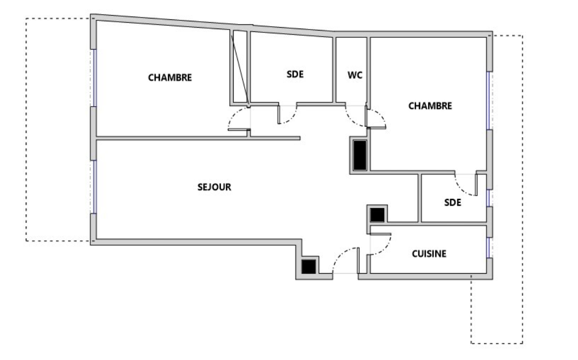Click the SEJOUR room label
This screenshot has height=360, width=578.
click(214, 187)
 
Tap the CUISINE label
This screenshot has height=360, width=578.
click(429, 254)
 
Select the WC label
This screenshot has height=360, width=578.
click(355, 75)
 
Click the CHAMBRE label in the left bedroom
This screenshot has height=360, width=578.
click(170, 78)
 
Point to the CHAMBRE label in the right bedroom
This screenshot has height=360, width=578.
click(430, 106)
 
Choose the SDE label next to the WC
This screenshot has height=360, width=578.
click(295, 74)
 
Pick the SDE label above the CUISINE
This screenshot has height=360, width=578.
click(452, 203)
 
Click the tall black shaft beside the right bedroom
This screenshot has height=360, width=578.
click(360, 155)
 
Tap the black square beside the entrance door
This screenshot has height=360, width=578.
click(308, 267)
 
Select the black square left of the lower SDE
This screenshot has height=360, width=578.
click(377, 215)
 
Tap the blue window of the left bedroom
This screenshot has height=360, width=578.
click(95, 78)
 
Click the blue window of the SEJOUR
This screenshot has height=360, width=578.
click(95, 187)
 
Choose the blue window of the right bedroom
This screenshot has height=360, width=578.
click(488, 101)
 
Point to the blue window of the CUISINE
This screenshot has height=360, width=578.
click(488, 247)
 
